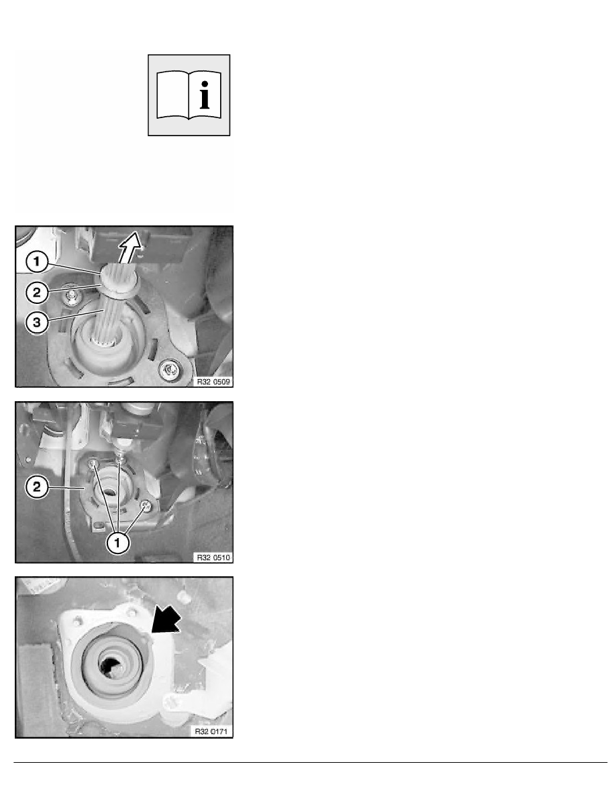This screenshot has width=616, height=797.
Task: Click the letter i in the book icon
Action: click(205, 95)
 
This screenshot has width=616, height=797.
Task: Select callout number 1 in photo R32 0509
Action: click(37, 262)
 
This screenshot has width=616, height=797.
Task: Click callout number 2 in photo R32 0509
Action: click(37, 293)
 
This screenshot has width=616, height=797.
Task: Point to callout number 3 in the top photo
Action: click(37, 322)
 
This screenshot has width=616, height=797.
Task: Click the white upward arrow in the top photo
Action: click(130, 246)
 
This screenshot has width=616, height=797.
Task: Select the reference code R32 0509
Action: click(213, 382)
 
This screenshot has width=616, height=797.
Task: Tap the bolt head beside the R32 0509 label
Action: click(169, 370)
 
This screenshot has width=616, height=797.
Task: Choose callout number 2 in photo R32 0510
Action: click(37, 487)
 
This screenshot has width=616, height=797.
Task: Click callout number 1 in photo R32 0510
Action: click(117, 543)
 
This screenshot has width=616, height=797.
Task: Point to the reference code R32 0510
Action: click(213, 557)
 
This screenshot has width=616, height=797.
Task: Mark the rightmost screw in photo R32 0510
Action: click(146, 505)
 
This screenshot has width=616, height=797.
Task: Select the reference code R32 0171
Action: click(211, 731)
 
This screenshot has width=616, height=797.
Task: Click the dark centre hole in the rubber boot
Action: click(110, 666)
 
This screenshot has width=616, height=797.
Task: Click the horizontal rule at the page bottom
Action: click(310, 762)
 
